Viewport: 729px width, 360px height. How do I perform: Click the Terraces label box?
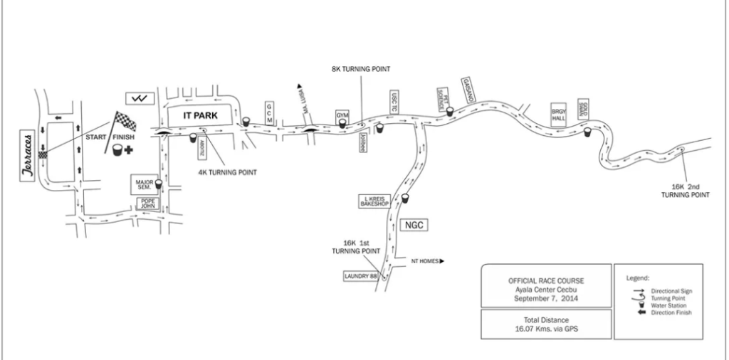click(28, 154)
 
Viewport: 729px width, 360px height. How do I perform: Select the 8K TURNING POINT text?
click(361, 69)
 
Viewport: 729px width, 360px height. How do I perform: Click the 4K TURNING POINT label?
click(228, 172)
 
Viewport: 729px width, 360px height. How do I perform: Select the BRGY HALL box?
click(558, 115)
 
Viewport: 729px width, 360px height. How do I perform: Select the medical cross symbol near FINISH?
click(129, 150)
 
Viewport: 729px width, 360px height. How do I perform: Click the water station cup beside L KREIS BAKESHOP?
click(405, 198)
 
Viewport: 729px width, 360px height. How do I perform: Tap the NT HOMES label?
click(425, 261)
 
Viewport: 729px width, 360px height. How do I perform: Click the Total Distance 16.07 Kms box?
click(545, 324)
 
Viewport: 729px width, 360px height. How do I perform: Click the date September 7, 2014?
click(546, 298)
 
